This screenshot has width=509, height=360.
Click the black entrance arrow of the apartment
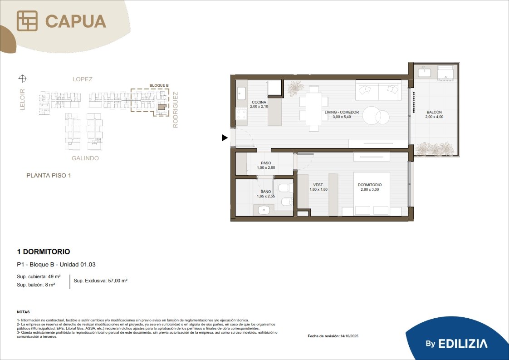pyautogui.click(x=225, y=138)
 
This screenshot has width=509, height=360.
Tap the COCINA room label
pyautogui.click(x=259, y=102)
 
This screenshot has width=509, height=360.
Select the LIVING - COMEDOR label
pyautogui.click(x=342, y=112)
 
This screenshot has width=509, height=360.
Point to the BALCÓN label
pyautogui.click(x=434, y=112)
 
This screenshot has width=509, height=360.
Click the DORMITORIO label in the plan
pyautogui.click(x=370, y=185)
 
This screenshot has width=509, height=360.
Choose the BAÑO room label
pyautogui.click(x=266, y=192)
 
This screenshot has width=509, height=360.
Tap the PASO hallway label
pyautogui.click(x=266, y=163)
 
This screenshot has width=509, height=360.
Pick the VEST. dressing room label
pyautogui.click(x=318, y=185)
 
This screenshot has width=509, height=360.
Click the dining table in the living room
pyautogui.click(x=314, y=108)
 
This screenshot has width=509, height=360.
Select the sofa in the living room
pyautogui.click(x=378, y=90)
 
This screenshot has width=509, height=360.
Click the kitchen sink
pyautogui.click(x=241, y=94)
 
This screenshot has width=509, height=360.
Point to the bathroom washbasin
pyautogui.click(x=264, y=210)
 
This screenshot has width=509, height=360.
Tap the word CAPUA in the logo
pyautogui.click(x=76, y=21)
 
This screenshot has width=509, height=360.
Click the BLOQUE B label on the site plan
pyautogui.click(x=159, y=85)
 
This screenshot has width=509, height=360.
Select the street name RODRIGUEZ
pyautogui.click(x=175, y=110)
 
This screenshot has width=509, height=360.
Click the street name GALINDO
pyautogui.click(x=85, y=158)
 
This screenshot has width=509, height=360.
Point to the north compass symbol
pyautogui.click(x=22, y=79)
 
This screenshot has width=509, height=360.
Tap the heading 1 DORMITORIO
pyautogui.click(x=44, y=252)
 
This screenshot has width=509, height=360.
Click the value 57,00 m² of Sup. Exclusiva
pyautogui.click(x=117, y=281)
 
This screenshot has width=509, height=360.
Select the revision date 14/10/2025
pyautogui.click(x=349, y=336)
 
